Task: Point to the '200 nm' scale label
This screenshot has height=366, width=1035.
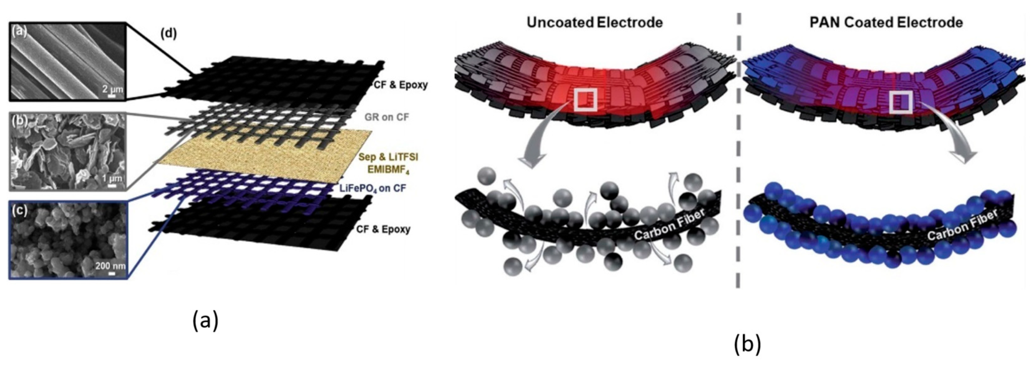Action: click(x=110, y=266)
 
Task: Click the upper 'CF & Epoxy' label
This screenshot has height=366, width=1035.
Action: click(x=400, y=85)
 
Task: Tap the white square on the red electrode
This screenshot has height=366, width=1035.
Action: click(x=585, y=100)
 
